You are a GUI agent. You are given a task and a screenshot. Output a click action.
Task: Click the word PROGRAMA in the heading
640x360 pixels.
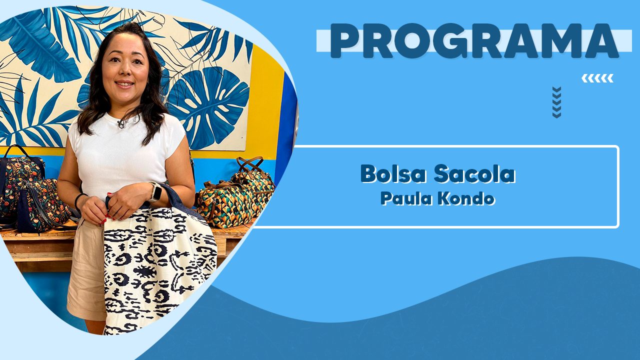click(x=474, y=41)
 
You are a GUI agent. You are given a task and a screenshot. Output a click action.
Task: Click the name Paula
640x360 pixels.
click(x=406, y=198)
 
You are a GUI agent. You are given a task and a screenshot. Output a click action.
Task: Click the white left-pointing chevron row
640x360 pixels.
click(x=597, y=78)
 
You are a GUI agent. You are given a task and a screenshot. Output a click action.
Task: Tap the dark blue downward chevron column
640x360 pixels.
click(x=556, y=102)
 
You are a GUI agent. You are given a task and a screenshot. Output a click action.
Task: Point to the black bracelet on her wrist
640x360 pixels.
click(x=79, y=201)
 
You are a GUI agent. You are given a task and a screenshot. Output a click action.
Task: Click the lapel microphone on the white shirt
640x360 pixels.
click(x=121, y=123)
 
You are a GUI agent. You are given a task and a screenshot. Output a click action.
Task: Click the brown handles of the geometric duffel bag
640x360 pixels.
click(x=249, y=165)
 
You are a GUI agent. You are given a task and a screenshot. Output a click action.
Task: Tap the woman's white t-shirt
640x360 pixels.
click(x=125, y=154)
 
